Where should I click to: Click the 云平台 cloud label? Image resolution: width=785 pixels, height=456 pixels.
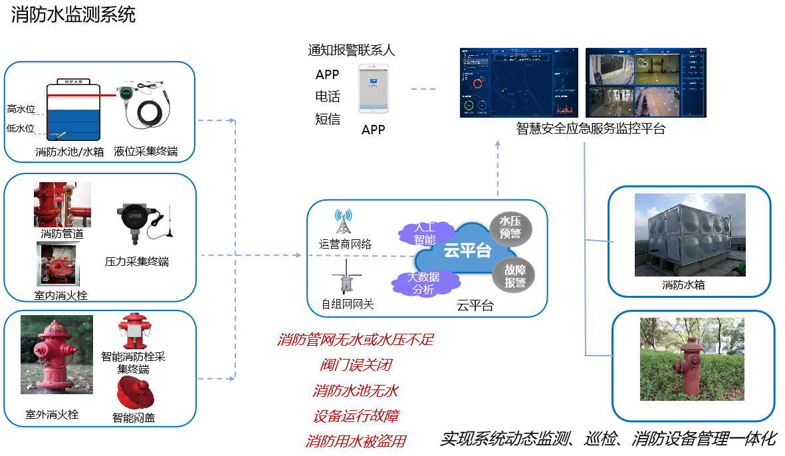(467, 250)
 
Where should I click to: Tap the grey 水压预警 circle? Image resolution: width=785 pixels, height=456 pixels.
(510, 228)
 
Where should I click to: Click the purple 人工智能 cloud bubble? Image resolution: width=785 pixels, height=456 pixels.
(424, 232)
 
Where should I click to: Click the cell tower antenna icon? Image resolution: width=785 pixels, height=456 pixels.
(342, 221)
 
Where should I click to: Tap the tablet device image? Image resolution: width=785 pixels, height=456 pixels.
(374, 88)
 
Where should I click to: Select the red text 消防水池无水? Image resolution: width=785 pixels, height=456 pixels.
(356, 391)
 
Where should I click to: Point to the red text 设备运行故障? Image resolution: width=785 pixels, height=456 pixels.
(356, 417)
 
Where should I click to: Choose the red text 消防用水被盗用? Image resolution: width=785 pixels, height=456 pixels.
(356, 441)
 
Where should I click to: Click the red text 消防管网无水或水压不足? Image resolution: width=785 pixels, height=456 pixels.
(356, 340)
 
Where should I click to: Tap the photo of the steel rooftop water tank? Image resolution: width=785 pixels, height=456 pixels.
(690, 235)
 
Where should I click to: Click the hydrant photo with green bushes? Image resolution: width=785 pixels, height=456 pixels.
(692, 359)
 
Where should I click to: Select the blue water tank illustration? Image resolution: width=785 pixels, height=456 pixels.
(73, 111)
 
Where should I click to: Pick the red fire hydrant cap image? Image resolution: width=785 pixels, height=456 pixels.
(136, 392)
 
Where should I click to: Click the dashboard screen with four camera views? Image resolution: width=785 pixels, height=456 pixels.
(645, 82)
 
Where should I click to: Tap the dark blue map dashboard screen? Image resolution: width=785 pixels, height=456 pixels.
(519, 82)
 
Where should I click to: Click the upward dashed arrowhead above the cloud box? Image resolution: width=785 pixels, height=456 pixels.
(497, 143)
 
